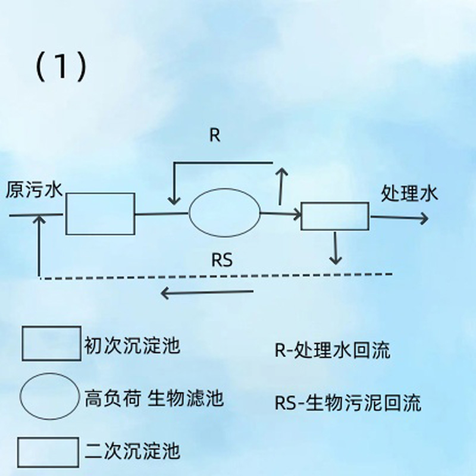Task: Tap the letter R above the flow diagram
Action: click(x=215, y=135)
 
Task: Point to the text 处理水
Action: click(x=409, y=193)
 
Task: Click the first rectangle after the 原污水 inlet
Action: click(x=100, y=213)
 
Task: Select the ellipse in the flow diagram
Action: click(x=225, y=212)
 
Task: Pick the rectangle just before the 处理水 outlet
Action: click(x=335, y=216)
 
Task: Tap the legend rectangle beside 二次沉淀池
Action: click(x=48, y=452)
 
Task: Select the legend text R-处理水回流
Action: click(x=332, y=350)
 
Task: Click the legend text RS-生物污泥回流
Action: click(x=348, y=403)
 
